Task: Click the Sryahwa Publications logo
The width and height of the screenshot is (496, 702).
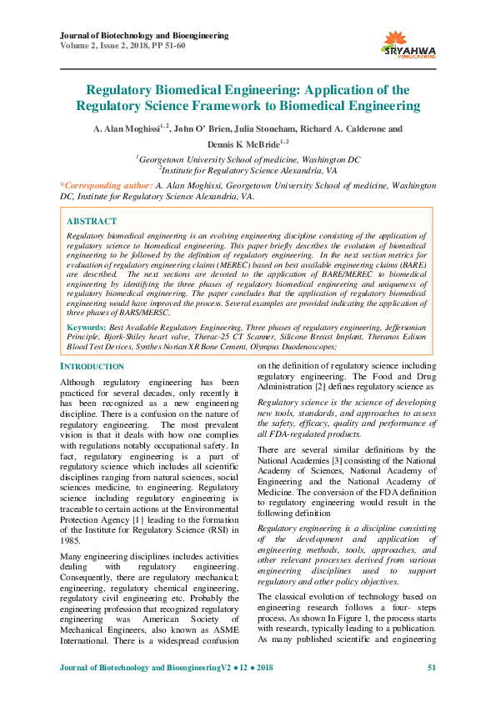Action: pos(408,43)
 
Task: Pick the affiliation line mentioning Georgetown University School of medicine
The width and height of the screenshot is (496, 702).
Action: pos(248,158)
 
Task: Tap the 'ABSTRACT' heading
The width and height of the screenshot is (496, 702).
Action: pos(91,222)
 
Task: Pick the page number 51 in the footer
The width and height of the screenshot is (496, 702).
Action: pos(431,669)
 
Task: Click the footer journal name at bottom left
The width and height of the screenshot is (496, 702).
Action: pos(167,669)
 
